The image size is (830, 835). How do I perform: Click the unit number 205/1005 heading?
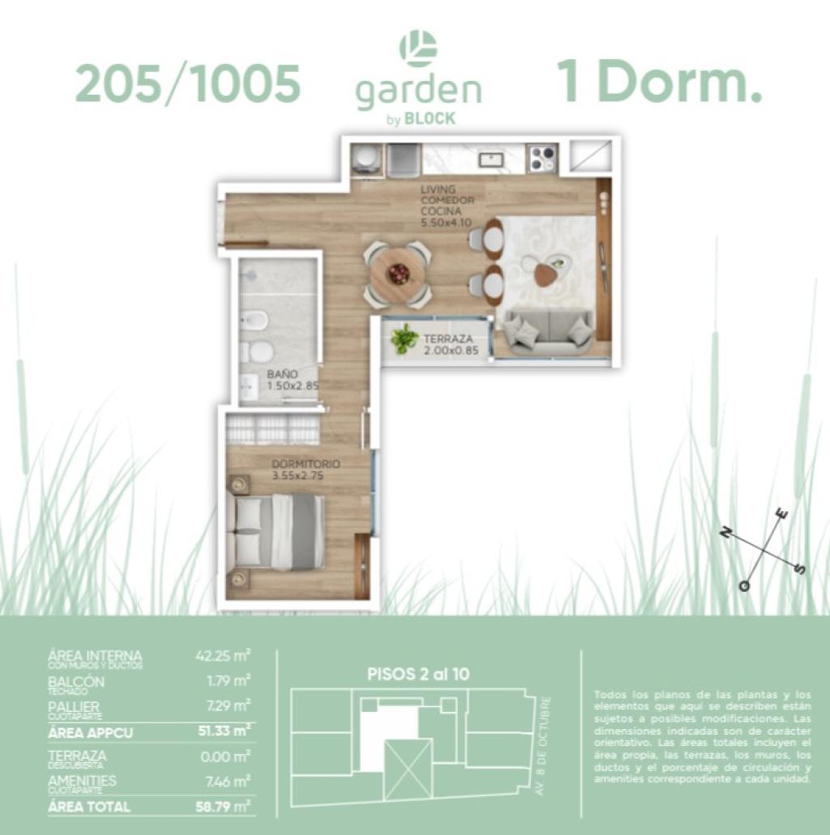187,84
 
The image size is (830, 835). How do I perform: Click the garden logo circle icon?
418,48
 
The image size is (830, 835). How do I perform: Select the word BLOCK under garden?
430,118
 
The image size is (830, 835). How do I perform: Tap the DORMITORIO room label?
306,464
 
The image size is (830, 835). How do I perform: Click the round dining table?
397,274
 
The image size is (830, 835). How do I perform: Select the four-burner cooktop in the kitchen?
541,158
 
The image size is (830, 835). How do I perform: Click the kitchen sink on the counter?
491,159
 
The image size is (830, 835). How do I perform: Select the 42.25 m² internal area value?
223,655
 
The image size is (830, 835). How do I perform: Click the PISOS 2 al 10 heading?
418,673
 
